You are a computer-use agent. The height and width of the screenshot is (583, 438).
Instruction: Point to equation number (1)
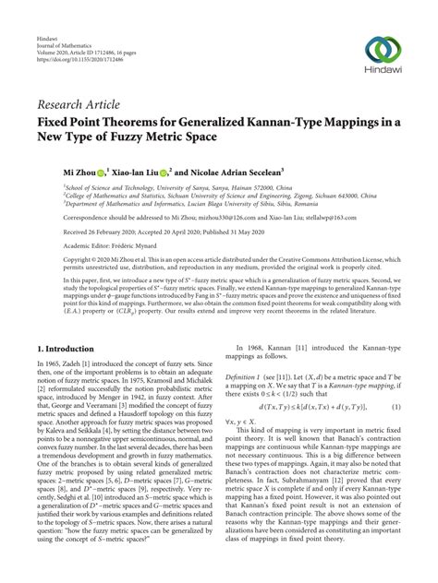pyautogui.click(x=396, y=381)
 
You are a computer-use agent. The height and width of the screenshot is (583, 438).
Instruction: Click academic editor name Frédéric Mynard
pyautogui.click(x=119, y=248)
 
